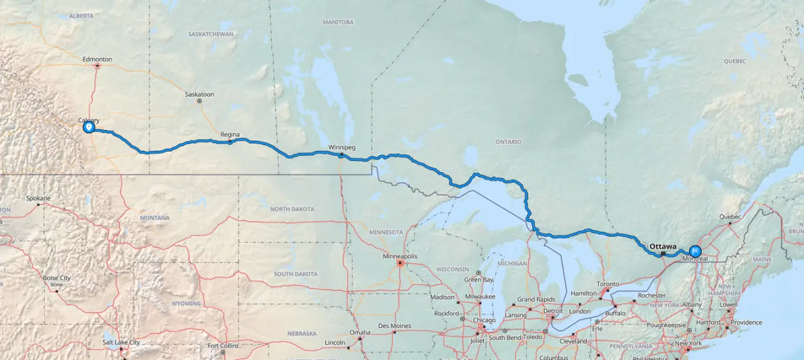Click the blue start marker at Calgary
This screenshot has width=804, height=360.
pyautogui.click(x=89, y=127)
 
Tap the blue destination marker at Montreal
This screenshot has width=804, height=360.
pyautogui.click(x=695, y=251)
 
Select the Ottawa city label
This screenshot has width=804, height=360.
pyautogui.click(x=663, y=246)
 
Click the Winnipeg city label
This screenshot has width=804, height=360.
pyautogui.click(x=342, y=148)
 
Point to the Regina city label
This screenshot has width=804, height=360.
pyautogui.click(x=230, y=134)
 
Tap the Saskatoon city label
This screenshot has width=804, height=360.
pyautogui.click(x=199, y=94)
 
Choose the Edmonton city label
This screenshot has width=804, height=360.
pyautogui.click(x=97, y=60)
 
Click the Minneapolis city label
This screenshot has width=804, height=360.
pyautogui.click(x=400, y=256)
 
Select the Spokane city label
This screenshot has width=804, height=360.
pyautogui.click(x=38, y=199)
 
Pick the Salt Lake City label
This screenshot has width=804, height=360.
pyautogui.click(x=121, y=342)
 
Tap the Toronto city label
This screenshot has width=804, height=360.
pyautogui.click(x=607, y=284)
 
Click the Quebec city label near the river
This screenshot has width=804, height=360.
pyautogui.click(x=730, y=217)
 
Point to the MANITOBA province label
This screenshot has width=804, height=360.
pyautogui.click(x=339, y=21)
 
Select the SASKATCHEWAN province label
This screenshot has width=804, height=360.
pyautogui.click(x=210, y=34)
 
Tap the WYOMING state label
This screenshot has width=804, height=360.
pyautogui.click(x=185, y=303)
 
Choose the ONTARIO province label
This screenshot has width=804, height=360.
pyautogui.click(x=508, y=142)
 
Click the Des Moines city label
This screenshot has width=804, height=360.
pyautogui.click(x=394, y=326)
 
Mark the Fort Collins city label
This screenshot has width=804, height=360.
pyautogui.click(x=223, y=346)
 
